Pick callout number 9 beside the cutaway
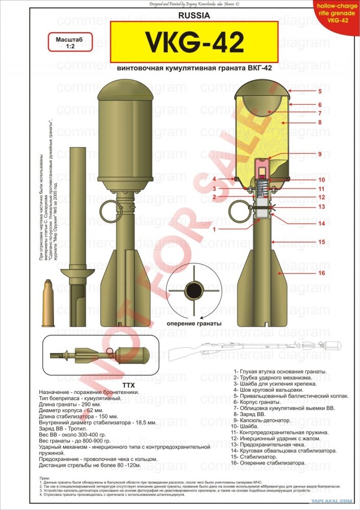point(319,154)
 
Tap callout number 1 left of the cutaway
point(214,229)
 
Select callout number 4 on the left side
point(214,180)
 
